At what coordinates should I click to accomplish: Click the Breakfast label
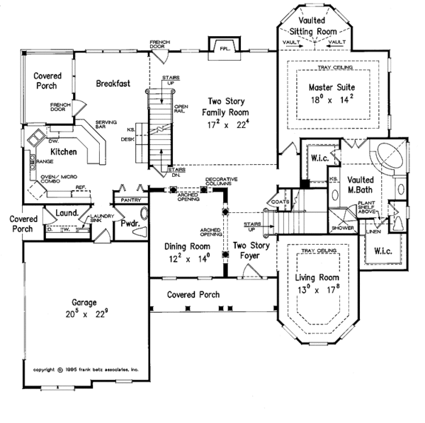click(113, 83)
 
